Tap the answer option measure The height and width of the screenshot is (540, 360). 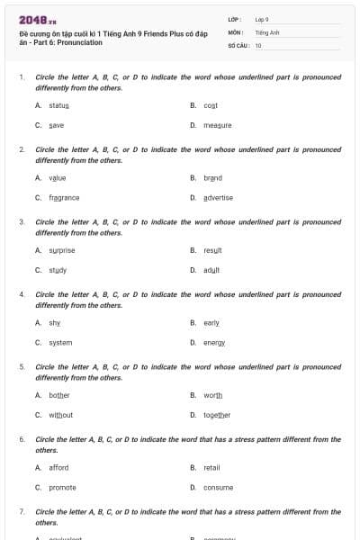point(217,125)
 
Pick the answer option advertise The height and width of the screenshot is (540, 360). point(218,197)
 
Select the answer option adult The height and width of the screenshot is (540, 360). point(211,270)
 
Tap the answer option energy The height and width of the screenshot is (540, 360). point(214,343)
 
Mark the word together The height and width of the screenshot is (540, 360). point(217,415)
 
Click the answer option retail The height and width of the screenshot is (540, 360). point(211,468)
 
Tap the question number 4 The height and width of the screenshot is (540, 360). point(22,294)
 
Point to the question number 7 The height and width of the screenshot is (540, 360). point(22,511)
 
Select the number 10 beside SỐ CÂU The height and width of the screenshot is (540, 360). point(258,45)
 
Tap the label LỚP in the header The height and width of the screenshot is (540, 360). point(234,19)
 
